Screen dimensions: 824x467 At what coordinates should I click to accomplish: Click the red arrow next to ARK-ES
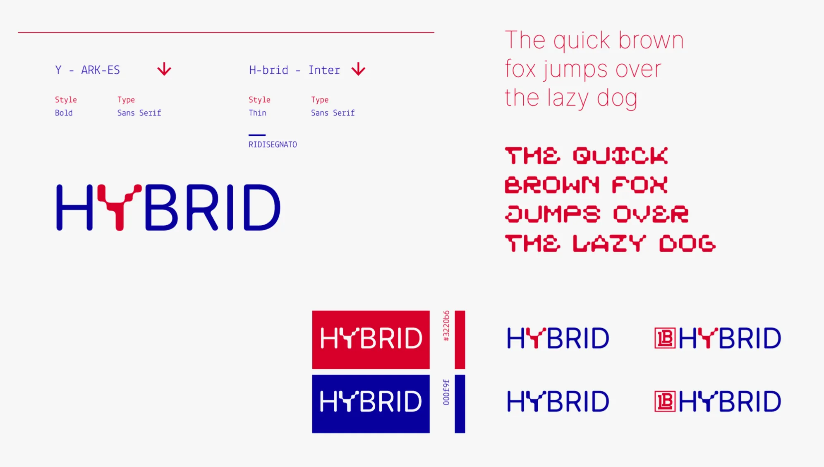164,69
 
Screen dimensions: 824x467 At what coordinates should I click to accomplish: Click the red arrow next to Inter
358,69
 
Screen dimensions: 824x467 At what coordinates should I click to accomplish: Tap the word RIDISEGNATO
273,144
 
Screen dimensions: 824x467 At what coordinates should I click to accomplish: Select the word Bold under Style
64,113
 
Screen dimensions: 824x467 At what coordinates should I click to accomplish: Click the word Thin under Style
257,113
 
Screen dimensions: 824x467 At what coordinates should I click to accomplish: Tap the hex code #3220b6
446,326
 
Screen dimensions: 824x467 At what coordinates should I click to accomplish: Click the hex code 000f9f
446,392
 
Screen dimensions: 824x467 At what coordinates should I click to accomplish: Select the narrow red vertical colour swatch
460,339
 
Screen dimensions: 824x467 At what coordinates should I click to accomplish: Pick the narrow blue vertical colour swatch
460,404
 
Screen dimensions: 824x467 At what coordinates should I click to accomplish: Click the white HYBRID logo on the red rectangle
371,338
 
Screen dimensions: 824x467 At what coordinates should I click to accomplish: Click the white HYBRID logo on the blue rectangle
371,401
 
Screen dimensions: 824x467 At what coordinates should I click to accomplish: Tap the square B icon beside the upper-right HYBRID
665,338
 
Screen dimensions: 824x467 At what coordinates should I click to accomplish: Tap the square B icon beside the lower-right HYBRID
665,401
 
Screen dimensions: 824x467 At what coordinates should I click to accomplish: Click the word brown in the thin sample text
651,40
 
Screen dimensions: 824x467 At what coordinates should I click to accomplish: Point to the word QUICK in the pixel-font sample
620,156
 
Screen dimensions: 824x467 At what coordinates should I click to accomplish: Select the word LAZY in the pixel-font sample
609,243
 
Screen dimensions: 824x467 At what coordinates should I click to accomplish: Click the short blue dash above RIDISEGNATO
257,135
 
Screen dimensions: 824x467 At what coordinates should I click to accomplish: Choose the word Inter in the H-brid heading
324,70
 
